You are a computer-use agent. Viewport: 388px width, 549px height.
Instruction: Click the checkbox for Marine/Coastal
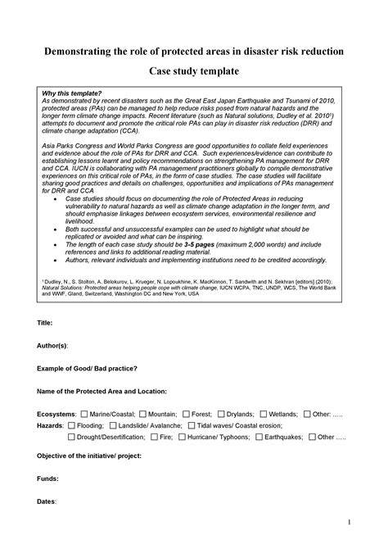pyautogui.click(x=84, y=415)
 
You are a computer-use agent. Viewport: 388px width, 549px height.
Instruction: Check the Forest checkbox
pyautogui.click(x=187, y=415)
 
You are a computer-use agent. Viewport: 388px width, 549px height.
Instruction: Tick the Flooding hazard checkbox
pyautogui.click(x=72, y=426)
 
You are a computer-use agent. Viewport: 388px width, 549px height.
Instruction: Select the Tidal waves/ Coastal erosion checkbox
pyautogui.click(x=192, y=426)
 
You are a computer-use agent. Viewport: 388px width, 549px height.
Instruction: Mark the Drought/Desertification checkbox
pyautogui.click(x=72, y=438)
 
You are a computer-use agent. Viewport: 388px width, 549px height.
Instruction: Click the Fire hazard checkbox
pyautogui.click(x=154, y=438)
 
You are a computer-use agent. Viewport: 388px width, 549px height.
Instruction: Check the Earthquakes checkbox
pyautogui.click(x=259, y=438)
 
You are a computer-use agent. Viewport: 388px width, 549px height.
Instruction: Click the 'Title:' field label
pyautogui.click(x=46, y=324)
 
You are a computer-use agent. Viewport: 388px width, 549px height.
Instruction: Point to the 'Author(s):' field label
pyautogui.click(x=52, y=347)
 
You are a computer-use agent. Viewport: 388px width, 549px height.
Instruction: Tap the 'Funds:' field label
pyautogui.click(x=48, y=476)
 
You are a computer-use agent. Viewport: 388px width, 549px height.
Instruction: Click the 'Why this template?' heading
pyautogui.click(x=71, y=93)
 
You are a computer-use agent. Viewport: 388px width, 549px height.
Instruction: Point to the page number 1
pyautogui.click(x=349, y=521)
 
